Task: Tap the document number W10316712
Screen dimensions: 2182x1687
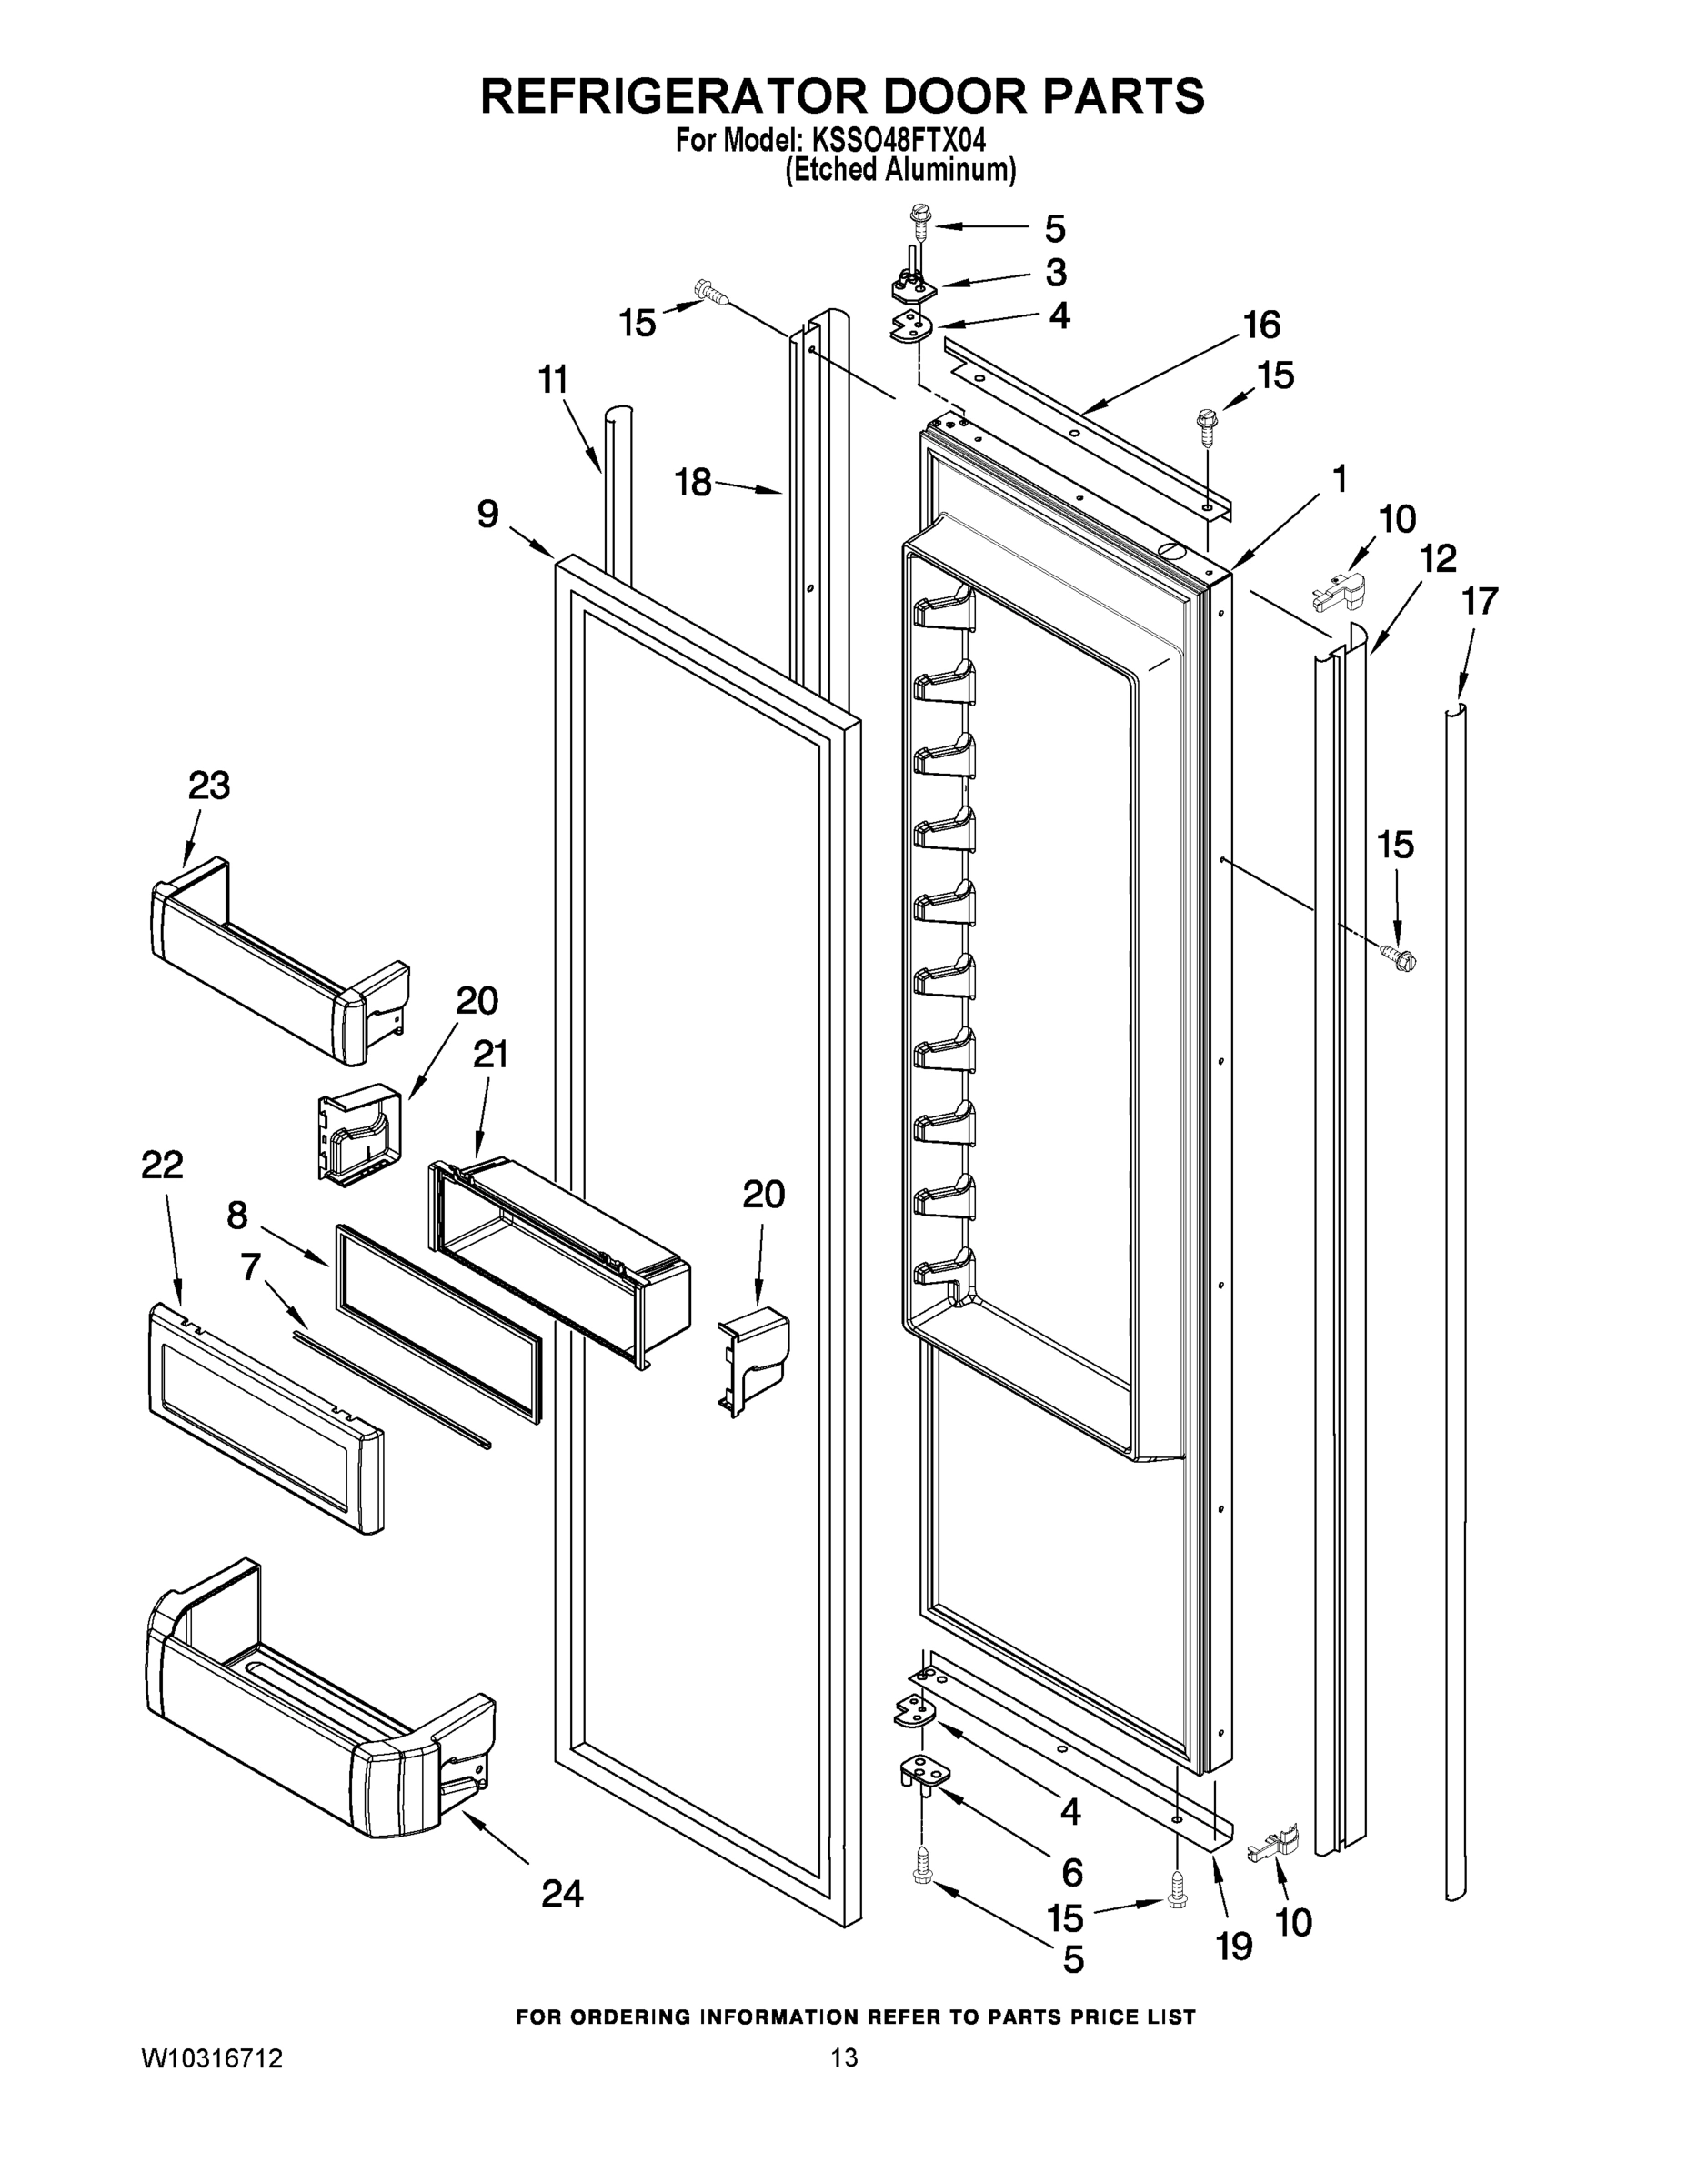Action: click(212, 2058)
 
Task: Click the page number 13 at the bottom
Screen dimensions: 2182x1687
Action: click(845, 2057)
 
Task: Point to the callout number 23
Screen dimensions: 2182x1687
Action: click(209, 786)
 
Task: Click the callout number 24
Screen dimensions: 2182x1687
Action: click(563, 1893)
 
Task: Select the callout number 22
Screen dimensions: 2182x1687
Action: click(163, 1164)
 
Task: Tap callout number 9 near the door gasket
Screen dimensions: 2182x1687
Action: click(487, 515)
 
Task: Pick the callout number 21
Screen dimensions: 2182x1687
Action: click(489, 1054)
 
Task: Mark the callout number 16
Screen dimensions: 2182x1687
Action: click(1261, 325)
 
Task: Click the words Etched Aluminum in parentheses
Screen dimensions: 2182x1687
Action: click(899, 171)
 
